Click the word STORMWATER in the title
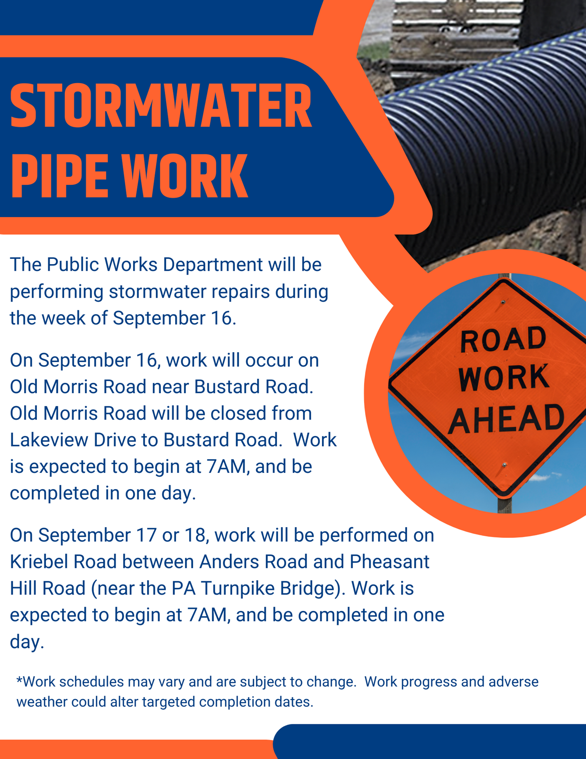[x=161, y=106]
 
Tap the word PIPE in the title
[x=59, y=177]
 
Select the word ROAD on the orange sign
[x=503, y=339]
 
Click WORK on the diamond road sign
[x=503, y=378]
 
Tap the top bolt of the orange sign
[x=503, y=302]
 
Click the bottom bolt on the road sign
[x=504, y=465]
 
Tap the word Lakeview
[x=49, y=440]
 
